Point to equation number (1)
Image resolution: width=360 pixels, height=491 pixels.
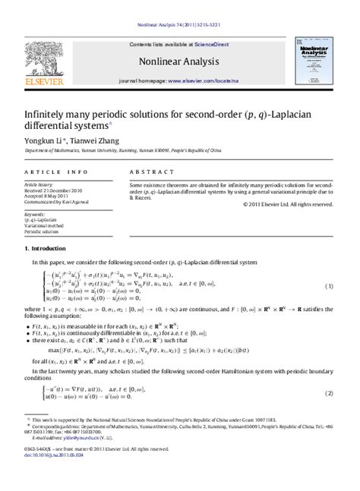tap(329, 286)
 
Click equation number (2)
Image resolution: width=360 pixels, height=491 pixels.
tap(329, 392)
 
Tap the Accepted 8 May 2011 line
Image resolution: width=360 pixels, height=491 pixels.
tap(49, 195)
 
